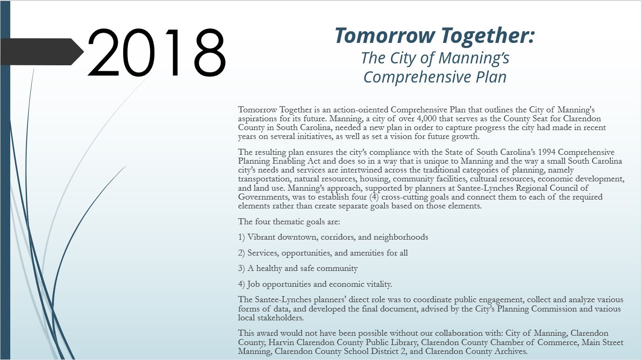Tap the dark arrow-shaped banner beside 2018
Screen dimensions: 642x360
42,52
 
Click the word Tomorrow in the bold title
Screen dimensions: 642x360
385,35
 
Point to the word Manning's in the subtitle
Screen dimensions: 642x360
474,58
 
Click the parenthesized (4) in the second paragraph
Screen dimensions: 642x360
374,197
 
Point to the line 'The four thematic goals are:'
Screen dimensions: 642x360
289,222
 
